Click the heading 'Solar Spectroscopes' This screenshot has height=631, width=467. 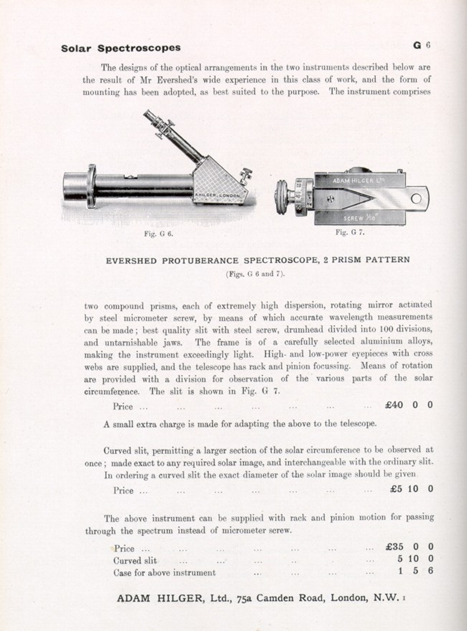tap(121, 48)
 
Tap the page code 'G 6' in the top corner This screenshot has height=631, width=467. tap(421, 46)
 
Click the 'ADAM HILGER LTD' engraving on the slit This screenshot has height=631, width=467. tap(358, 181)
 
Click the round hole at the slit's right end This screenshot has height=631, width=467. tap(416, 198)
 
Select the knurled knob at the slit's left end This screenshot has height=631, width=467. tap(282, 197)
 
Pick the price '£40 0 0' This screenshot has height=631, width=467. tap(409, 405)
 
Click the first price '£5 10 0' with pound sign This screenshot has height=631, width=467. tap(411, 489)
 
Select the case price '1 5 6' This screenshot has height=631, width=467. tap(415, 571)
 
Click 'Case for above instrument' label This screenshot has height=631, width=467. tap(165, 572)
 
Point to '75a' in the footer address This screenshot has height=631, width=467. tap(245, 598)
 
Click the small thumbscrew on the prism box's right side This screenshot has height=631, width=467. tap(246, 175)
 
